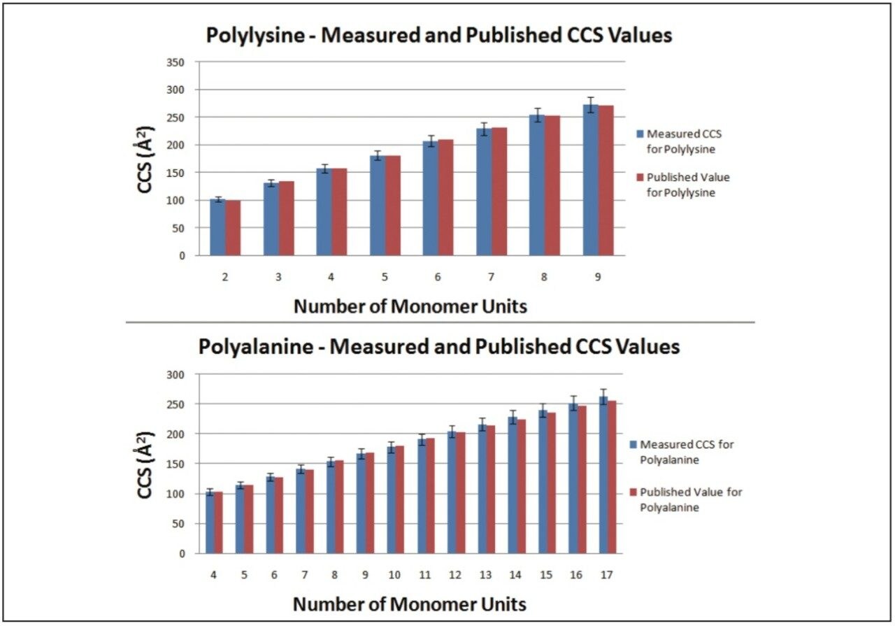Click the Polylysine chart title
[438, 35]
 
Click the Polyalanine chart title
[438, 346]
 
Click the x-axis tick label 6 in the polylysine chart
[438, 278]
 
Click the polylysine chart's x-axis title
[410, 306]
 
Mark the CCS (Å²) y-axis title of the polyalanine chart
[145, 464]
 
